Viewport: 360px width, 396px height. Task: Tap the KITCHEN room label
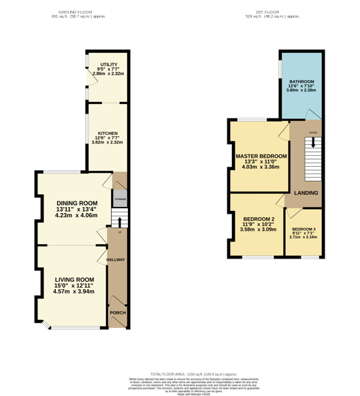click(x=108, y=133)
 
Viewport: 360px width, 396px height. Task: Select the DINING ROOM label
click(x=76, y=203)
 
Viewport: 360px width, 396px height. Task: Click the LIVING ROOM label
click(x=73, y=280)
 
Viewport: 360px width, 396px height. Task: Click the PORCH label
click(x=118, y=313)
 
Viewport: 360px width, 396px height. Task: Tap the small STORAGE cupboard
click(x=120, y=199)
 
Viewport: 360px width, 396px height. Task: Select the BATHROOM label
click(x=301, y=82)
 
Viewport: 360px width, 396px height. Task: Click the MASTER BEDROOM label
click(x=261, y=156)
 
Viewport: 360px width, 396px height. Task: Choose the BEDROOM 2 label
click(x=259, y=219)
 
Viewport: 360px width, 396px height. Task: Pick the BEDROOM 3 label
click(x=304, y=229)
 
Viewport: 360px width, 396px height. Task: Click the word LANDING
click(x=306, y=193)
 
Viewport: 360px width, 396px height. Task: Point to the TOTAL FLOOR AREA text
click(x=194, y=374)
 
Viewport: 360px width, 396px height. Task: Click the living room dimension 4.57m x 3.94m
click(x=73, y=291)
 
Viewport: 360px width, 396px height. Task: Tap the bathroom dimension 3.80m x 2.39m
click(x=301, y=91)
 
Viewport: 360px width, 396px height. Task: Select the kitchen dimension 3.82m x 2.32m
click(x=108, y=143)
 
